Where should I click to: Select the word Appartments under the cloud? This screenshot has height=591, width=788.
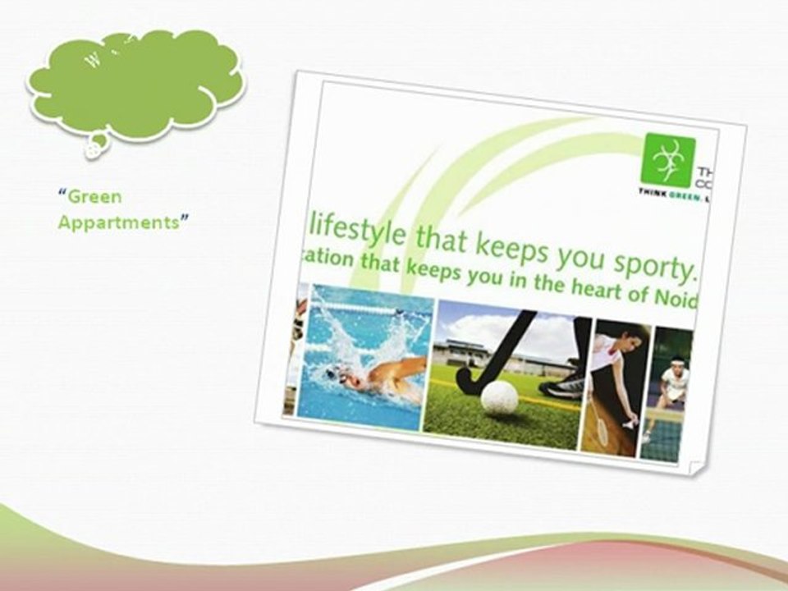[x=117, y=223]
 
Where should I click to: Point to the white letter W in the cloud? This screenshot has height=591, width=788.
[x=93, y=62]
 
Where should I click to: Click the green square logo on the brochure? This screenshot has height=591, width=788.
[x=669, y=161]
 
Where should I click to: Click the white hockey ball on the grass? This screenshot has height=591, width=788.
[x=499, y=397]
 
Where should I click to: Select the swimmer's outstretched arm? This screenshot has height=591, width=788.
[x=397, y=369]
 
